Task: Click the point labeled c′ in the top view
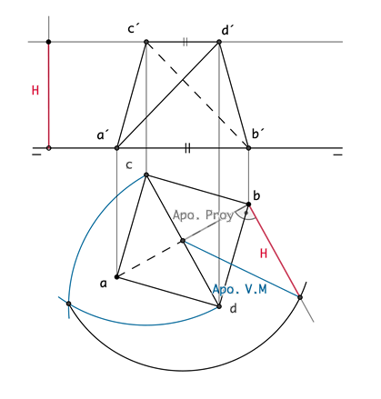(x=146, y=42)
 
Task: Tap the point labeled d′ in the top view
(x=219, y=42)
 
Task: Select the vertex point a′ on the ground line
(x=116, y=148)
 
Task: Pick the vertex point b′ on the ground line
(x=248, y=148)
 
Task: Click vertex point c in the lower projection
(x=146, y=175)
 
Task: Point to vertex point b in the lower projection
(x=248, y=204)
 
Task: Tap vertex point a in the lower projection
(x=116, y=276)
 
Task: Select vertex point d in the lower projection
(x=219, y=306)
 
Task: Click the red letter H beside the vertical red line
(x=35, y=90)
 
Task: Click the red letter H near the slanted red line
(x=264, y=253)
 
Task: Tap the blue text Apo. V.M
(x=239, y=289)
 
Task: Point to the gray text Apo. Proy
(x=203, y=215)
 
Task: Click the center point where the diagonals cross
(x=183, y=241)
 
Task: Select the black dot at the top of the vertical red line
(x=48, y=42)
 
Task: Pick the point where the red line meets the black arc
(x=300, y=297)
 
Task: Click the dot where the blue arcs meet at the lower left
(x=68, y=304)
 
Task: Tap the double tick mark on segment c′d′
(x=185, y=42)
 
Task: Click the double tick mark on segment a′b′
(x=187, y=148)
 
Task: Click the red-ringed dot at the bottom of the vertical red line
(x=48, y=148)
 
